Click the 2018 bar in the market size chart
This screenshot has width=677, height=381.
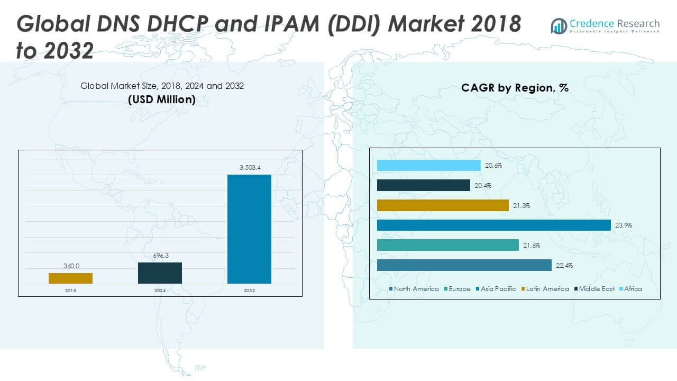70,278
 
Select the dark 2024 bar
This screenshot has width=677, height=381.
160,273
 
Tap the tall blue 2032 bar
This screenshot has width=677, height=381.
249,229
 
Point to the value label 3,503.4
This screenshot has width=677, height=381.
249,168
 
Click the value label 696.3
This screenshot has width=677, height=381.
160,256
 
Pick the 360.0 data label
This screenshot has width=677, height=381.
70,266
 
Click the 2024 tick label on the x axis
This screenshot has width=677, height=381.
160,291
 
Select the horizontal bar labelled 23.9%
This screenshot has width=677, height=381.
494,225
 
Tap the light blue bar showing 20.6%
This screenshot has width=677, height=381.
429,166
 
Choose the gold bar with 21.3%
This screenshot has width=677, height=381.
443,205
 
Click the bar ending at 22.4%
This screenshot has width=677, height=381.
464,265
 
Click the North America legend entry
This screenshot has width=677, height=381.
416,289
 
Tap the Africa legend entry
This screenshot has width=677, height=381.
633,289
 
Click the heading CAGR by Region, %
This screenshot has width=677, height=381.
515,88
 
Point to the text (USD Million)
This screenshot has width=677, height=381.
162,99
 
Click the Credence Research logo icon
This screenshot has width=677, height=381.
559,25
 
